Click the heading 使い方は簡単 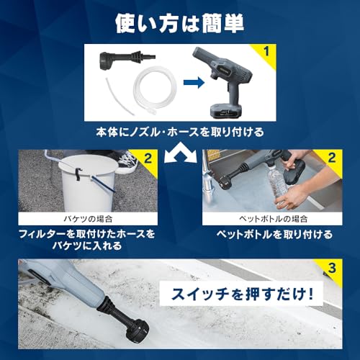pyautogui.click(x=179, y=22)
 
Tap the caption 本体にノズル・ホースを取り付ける pyautogui.click(x=179, y=132)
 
